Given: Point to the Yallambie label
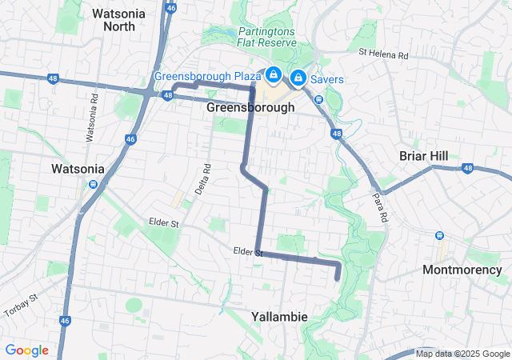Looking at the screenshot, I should tap(279, 317).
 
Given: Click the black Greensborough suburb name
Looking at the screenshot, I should tap(250, 107).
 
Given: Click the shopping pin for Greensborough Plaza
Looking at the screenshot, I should tap(274, 75).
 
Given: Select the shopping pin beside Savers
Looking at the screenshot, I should tap(298, 77).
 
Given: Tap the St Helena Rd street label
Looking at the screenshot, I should tap(383, 54).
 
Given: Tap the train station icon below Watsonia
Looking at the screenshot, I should tap(94, 184).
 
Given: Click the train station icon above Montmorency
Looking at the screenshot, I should tap(439, 235).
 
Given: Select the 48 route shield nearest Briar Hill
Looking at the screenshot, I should tap(467, 168).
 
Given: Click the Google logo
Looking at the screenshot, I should tap(27, 350).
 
